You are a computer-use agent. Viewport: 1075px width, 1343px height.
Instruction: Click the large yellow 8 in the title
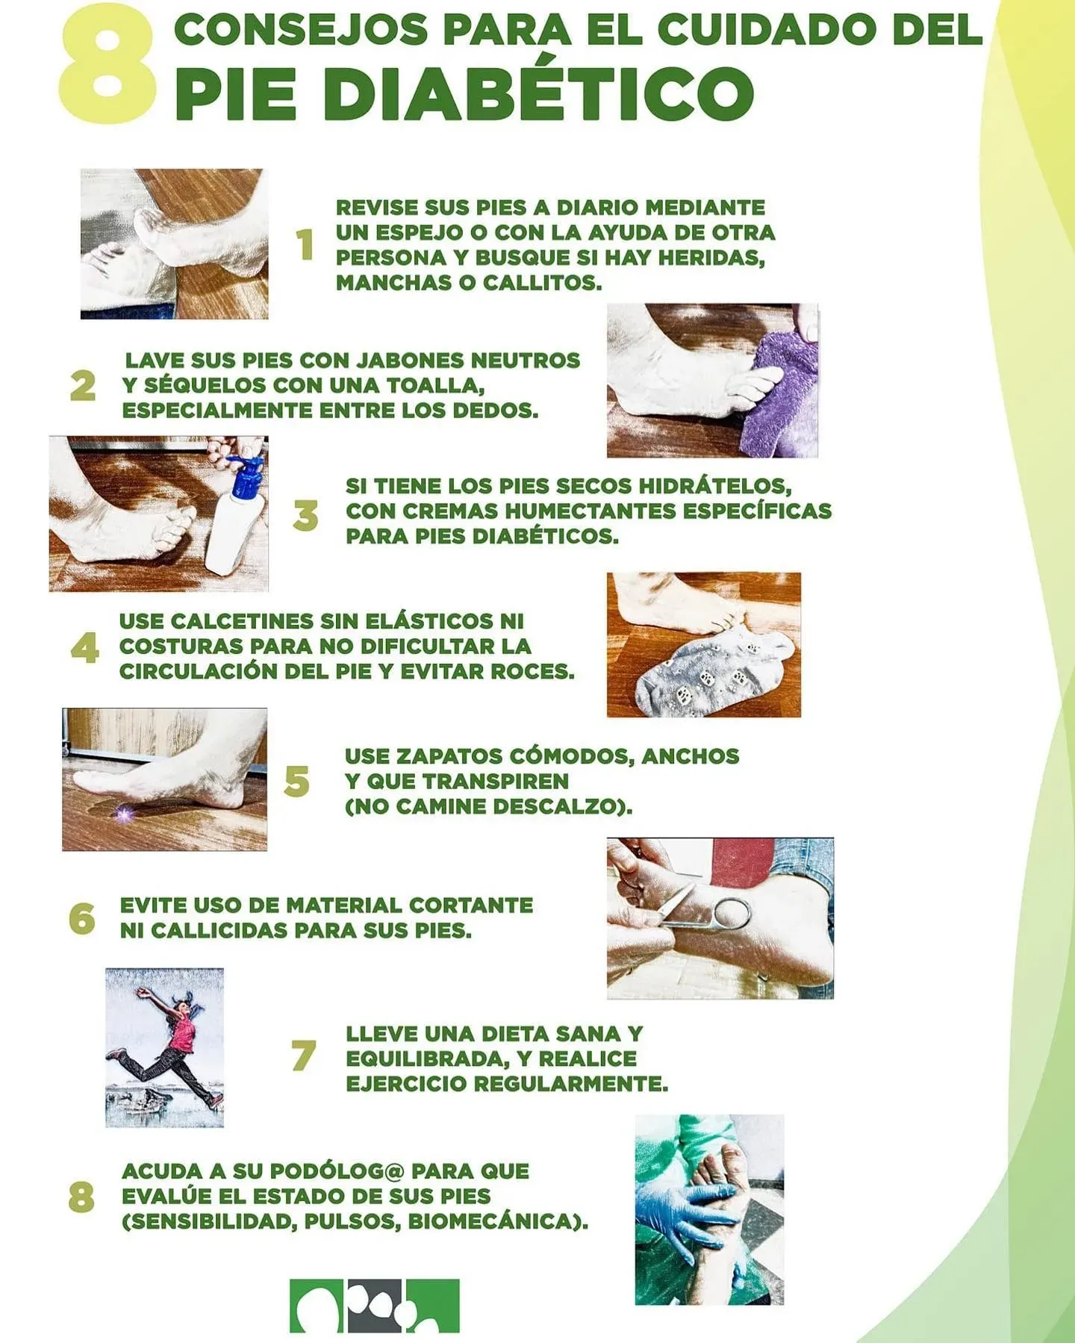108,66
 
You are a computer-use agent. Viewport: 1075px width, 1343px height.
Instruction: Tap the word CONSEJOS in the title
301,29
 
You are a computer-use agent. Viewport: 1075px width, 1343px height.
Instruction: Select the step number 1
305,244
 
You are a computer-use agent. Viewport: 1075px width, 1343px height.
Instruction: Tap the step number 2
83,386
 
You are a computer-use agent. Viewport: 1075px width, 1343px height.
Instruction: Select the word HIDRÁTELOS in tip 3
717,486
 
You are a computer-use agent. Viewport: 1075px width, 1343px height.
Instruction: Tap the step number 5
296,782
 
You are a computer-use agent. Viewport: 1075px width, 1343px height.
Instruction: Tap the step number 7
304,1056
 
